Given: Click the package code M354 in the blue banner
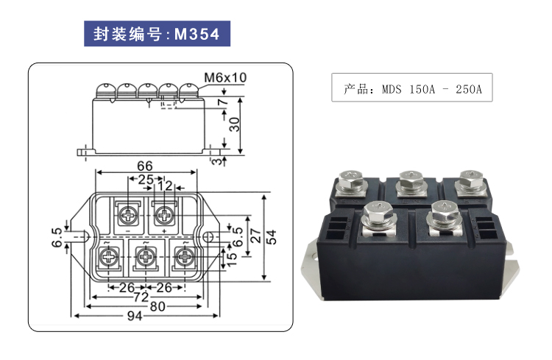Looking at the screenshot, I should click(197, 34).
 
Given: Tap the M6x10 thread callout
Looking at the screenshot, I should click(225, 77).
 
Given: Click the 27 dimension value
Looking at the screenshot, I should click(254, 237).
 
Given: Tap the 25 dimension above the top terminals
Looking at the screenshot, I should click(146, 180).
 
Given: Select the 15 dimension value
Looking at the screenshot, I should click(233, 258).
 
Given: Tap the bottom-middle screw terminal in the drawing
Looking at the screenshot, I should click(145, 258).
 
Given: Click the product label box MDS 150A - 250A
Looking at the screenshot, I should click(412, 88).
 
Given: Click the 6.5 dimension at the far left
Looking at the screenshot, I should click(56, 237).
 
